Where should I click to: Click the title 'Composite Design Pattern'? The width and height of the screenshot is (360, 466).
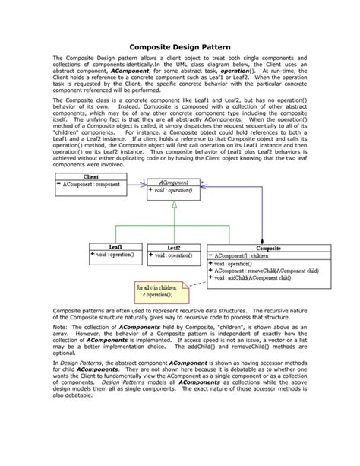coord(179,45)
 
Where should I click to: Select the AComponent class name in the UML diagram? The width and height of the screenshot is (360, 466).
coord(173,182)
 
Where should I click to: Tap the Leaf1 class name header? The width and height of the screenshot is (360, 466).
coord(115,246)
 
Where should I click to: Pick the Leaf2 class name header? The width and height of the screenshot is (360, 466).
coord(173,248)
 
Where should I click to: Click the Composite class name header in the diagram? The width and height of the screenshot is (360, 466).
coord(268,248)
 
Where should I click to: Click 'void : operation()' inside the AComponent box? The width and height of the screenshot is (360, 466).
coord(174,191)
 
